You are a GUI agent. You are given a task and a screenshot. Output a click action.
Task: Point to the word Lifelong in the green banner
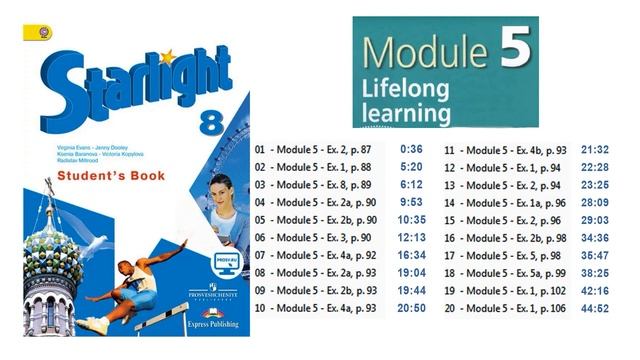[x=401, y=88]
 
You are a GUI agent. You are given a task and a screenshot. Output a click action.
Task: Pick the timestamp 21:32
[x=596, y=148]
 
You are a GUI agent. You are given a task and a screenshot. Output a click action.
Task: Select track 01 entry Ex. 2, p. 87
[x=318, y=148]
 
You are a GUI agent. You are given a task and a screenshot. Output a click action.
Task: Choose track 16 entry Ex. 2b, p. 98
[x=505, y=238]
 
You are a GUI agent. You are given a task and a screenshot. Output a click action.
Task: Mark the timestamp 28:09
[x=596, y=202]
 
